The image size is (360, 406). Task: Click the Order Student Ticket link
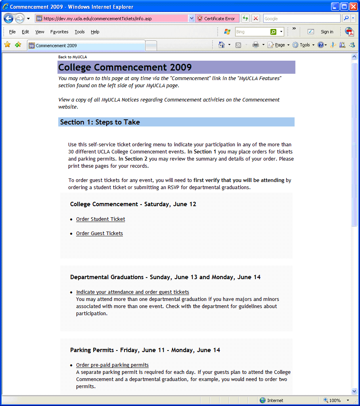point(100,219)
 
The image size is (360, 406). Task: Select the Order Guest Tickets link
point(99,234)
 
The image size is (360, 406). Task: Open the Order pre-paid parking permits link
point(112,365)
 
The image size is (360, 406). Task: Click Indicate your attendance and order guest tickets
point(132,292)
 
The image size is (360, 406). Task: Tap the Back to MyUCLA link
point(72,57)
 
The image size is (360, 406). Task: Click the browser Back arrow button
point(8,19)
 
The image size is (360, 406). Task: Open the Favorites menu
point(59,32)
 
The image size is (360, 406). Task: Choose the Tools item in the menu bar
point(79,32)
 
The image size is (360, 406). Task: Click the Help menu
point(95,32)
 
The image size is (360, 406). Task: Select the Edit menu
point(25,32)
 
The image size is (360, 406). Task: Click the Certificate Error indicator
point(216,19)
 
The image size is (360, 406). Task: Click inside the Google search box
point(301,19)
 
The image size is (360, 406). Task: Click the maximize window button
point(344,6)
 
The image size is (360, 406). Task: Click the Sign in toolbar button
point(327,32)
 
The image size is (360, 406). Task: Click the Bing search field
point(252,32)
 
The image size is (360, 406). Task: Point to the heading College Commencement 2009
point(125,67)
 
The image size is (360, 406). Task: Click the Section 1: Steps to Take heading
point(100,122)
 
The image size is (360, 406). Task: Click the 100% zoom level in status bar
point(335,400)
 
